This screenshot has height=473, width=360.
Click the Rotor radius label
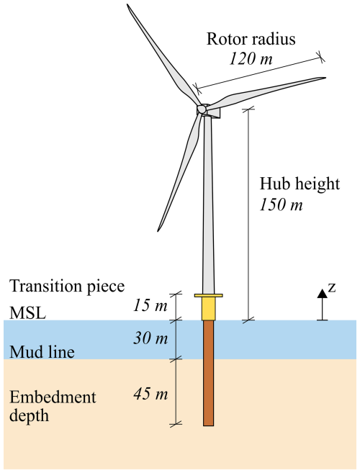coord(251,39)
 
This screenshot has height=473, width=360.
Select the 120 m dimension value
coord(251,58)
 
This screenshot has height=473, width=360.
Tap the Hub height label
coord(300,184)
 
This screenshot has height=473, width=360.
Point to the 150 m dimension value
coord(281,204)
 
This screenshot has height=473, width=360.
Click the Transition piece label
coord(67,287)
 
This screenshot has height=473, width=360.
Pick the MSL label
coord(28,313)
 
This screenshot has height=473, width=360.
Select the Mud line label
coord(42,352)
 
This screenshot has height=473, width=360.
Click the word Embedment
coord(53,397)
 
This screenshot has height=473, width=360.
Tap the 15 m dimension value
coord(150,305)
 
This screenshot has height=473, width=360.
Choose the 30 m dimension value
coord(150,338)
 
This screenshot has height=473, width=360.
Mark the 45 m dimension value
coord(150,394)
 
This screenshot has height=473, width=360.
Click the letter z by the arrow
coord(332,288)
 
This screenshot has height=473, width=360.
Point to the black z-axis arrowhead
coord(323,294)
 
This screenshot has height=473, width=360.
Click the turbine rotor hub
coord(201,109)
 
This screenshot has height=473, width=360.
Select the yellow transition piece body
coord(209,309)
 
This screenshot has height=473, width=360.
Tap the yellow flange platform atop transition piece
coord(209,296)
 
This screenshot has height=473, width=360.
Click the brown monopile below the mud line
coord(209,392)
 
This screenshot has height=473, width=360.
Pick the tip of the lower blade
coord(158,231)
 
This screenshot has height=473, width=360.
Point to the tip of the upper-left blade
coord(127,4)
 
